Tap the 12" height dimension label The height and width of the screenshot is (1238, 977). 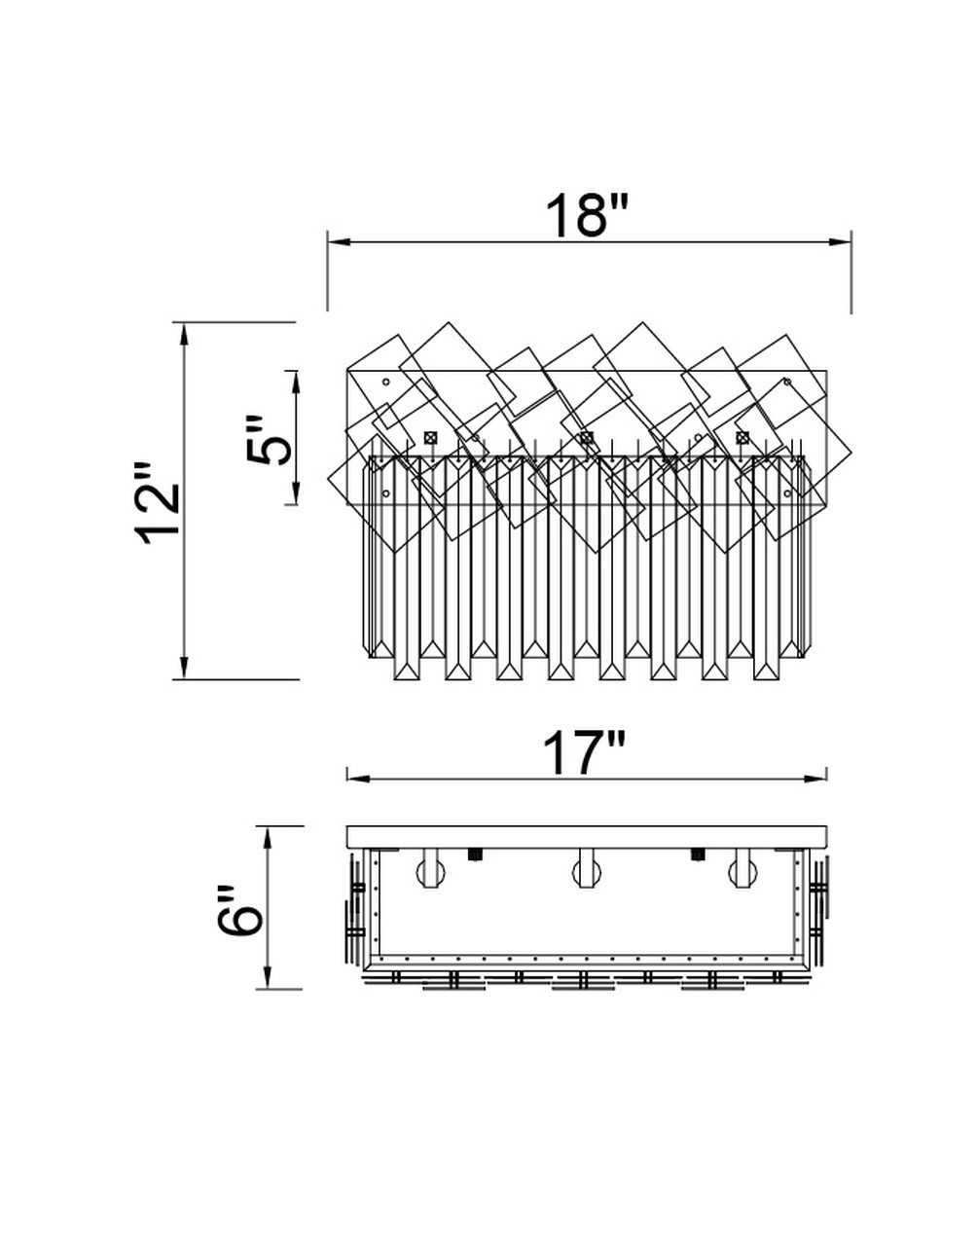coord(157,502)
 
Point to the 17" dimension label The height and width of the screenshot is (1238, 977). coord(584,753)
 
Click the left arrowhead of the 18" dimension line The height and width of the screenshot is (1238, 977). coord(339,242)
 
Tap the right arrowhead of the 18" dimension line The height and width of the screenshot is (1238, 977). coord(840,242)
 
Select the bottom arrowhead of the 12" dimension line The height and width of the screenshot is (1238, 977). coord(184,668)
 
